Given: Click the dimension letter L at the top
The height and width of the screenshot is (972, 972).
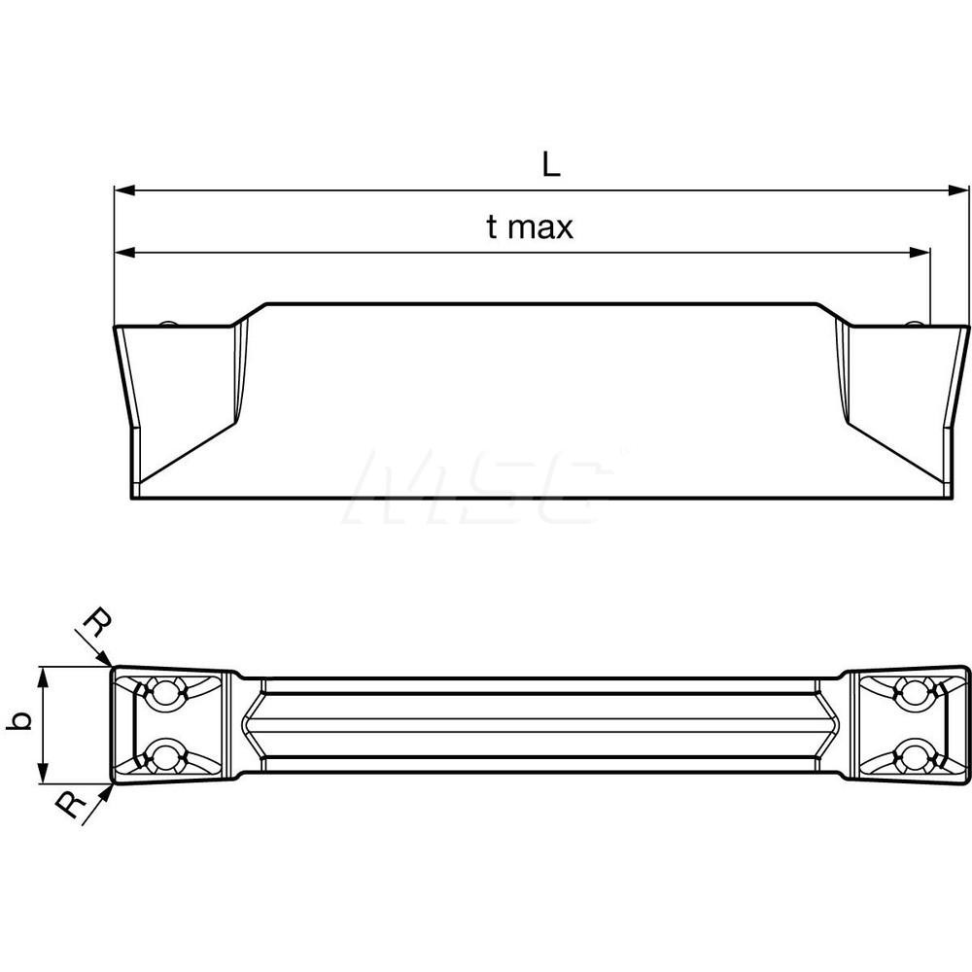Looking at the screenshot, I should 551,166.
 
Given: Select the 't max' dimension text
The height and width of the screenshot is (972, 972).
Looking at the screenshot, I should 530,227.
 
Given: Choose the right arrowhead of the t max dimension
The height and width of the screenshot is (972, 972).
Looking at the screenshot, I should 921,253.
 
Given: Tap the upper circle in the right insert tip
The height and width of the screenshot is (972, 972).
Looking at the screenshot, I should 913,692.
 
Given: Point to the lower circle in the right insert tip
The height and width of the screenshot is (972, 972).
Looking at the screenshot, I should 913,753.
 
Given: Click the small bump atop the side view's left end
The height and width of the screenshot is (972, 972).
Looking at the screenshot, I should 168,323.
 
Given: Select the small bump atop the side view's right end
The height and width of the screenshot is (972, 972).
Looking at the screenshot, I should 915,323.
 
